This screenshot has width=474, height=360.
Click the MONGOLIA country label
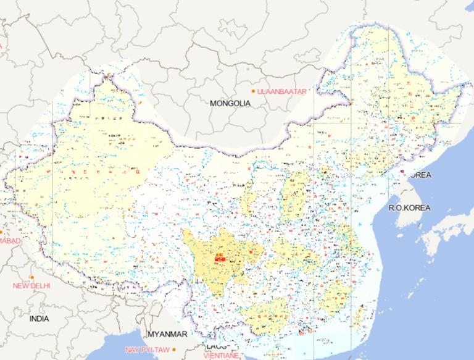tap(230, 104)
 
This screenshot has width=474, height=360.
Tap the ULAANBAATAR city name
tap(282, 91)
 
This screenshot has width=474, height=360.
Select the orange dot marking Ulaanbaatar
tap(253, 91)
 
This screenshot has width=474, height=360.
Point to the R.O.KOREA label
tap(409, 207)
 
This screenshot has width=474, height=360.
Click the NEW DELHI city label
tap(32, 286)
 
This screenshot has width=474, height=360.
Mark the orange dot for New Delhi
tap(31, 277)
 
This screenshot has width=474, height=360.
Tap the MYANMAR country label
tap(167, 334)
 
